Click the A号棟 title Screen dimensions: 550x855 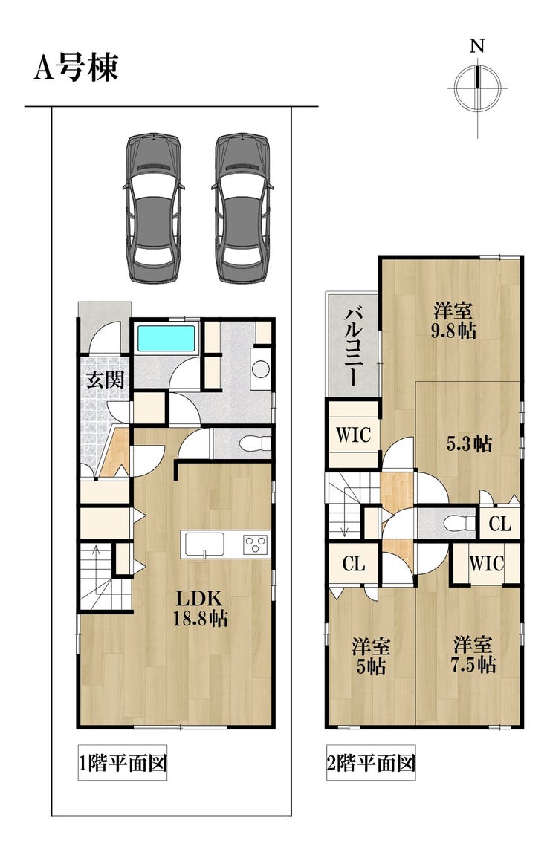coord(76,68)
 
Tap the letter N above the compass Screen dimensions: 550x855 coord(477,46)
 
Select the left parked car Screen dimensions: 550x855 coord(153,208)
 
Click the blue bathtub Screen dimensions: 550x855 coord(166,339)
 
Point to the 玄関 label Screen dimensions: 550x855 coord(106,379)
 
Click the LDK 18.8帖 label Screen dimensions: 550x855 coord(199,608)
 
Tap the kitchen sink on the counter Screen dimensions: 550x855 coord(204,543)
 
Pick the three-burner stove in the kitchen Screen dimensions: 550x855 coord(256,544)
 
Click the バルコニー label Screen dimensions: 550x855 coord(352,346)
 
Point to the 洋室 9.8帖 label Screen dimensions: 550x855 coord(453,321)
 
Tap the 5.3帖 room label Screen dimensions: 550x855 coord(469,443)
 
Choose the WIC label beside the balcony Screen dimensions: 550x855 coord(353,435)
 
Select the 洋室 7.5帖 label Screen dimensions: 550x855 coord(473,654)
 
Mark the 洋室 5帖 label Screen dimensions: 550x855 coord(370,656)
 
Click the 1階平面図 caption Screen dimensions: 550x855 coord(122,762)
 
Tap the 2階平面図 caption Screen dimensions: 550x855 coord(371,762)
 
